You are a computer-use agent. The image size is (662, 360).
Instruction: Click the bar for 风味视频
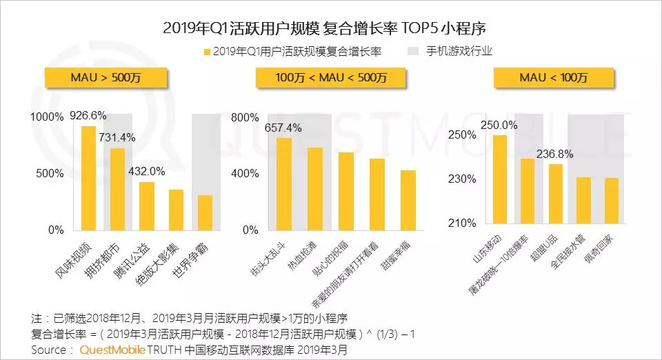(88, 178)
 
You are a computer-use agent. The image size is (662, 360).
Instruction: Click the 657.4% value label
(283, 128)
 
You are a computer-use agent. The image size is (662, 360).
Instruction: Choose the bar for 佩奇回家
(612, 201)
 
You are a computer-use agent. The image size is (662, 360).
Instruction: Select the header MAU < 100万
(554, 78)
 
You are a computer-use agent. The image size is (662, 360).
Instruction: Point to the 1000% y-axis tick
(46, 117)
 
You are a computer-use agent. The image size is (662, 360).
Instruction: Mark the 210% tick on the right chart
(463, 223)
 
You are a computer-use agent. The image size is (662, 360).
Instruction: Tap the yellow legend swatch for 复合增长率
(205, 52)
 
